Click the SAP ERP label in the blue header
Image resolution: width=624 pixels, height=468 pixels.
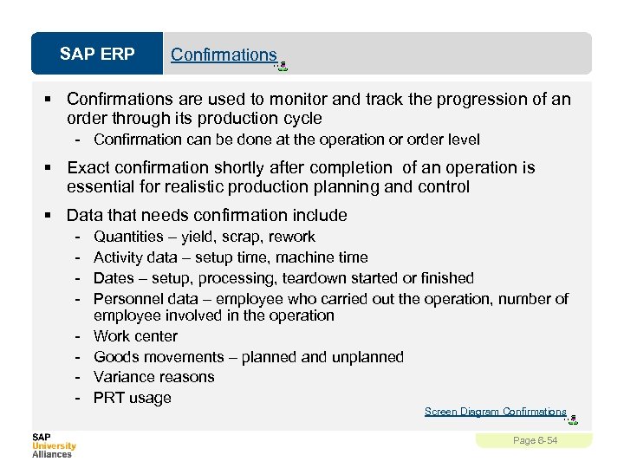tap(97, 55)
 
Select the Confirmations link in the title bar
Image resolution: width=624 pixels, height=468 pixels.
tap(224, 55)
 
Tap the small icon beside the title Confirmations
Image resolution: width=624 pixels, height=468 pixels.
tap(282, 64)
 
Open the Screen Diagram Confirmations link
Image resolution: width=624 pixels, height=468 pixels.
tap(495, 412)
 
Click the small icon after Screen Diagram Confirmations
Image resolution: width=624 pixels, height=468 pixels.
tap(572, 419)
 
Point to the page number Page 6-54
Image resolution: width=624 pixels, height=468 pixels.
tap(535, 441)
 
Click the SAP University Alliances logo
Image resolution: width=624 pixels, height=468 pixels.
tap(54, 445)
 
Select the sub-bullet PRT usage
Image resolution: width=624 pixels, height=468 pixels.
tap(132, 398)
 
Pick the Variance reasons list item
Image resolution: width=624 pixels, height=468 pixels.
tap(153, 377)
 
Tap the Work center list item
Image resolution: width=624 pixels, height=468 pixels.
tap(135, 336)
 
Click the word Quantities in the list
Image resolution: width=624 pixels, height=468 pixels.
tap(128, 237)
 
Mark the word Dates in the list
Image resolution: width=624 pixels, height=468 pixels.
tap(113, 278)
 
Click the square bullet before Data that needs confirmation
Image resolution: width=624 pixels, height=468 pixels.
tap(54, 215)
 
